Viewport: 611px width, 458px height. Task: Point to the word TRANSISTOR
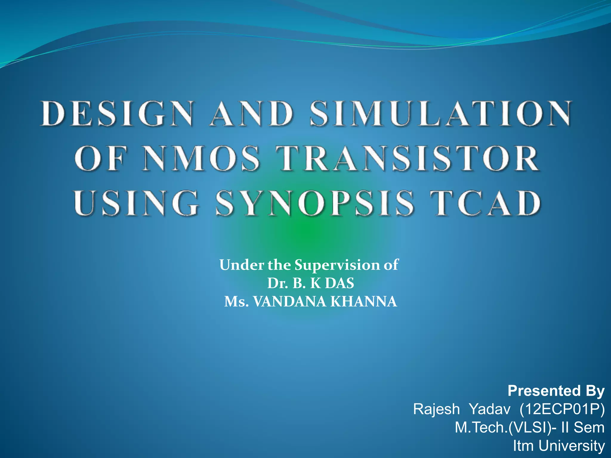(x=410, y=158)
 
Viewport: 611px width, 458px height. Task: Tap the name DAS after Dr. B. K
(x=340, y=283)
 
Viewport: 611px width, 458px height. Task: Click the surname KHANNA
(x=364, y=302)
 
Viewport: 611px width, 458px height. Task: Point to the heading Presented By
(x=556, y=391)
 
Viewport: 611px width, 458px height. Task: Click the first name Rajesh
(x=436, y=409)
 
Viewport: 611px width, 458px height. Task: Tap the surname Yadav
(x=490, y=409)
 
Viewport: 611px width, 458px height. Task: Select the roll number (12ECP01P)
(x=562, y=409)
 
